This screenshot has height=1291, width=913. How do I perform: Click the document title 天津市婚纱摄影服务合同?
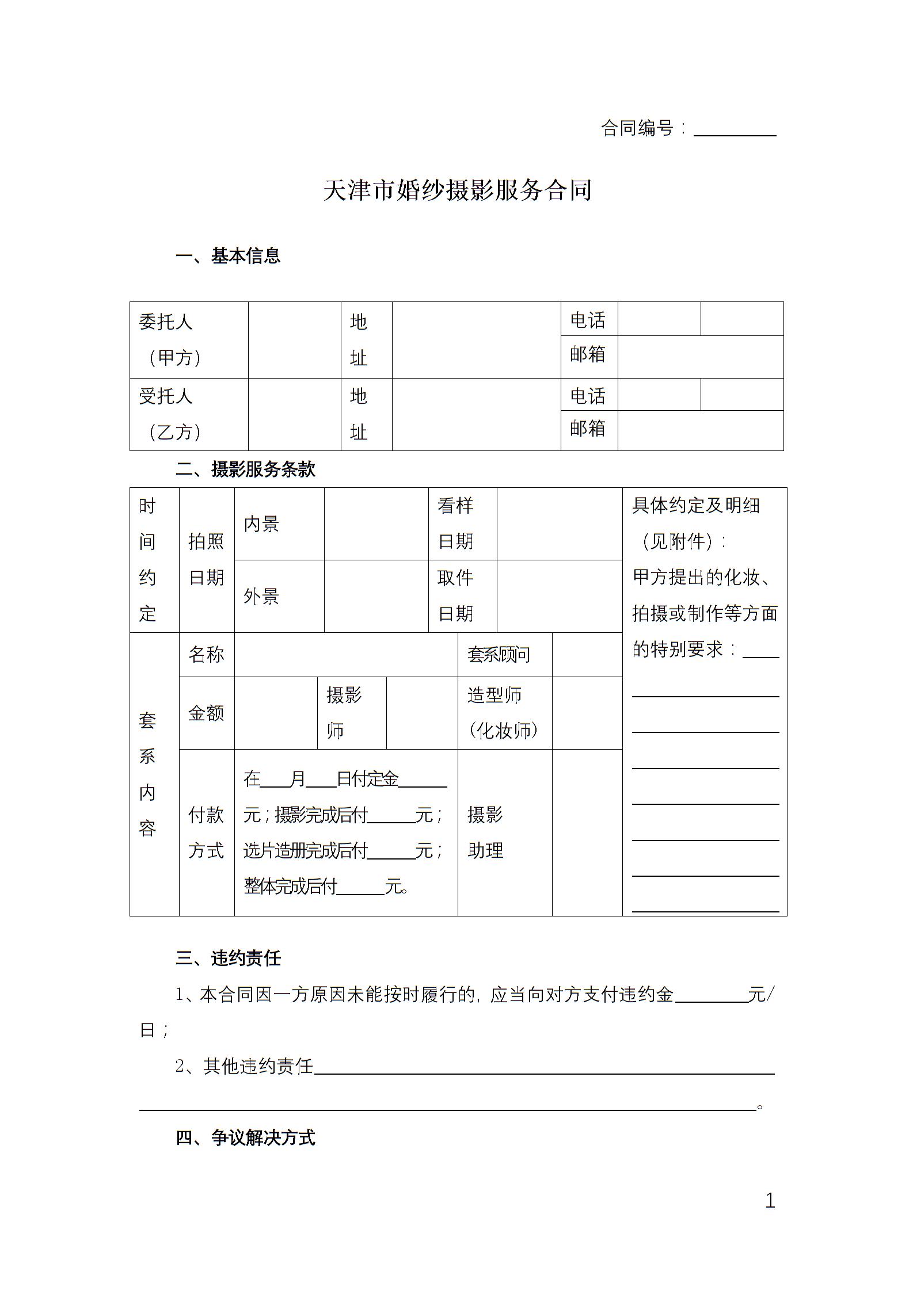457,190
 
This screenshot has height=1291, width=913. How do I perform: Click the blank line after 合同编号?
735,130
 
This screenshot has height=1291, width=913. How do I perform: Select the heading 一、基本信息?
228,256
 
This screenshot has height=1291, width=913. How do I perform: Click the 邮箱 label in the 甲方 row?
588,355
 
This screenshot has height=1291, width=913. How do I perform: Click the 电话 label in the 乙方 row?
588,396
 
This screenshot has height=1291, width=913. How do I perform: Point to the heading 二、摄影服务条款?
246,469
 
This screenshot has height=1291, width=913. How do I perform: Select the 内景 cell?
261,524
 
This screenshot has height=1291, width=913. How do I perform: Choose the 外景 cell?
261,596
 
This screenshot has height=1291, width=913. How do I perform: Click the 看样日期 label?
456,524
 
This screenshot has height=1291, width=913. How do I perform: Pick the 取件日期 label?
456,595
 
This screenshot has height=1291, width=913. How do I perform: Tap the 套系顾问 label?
499,655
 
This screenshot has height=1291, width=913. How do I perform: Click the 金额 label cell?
206,713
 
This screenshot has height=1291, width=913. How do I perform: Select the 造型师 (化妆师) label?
503,713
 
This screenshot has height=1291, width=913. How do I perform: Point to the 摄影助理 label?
485,832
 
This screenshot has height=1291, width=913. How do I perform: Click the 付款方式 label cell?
206,832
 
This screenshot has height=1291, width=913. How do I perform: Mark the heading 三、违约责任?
228,958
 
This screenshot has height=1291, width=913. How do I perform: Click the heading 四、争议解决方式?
246,1137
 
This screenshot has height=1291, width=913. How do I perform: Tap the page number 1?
770,1201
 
